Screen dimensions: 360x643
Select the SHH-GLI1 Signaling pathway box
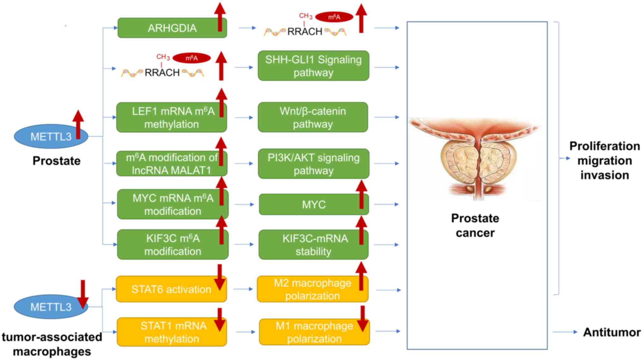pos(313,66)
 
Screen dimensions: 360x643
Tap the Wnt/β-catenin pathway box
pos(313,117)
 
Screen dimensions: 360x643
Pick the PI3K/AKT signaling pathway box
pos(313,164)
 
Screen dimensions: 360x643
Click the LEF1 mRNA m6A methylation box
pos(171,117)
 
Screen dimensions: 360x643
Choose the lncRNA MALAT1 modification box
pos(171,164)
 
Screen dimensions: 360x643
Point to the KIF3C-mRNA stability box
pos(313,245)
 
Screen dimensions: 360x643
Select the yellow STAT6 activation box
pos(171,289)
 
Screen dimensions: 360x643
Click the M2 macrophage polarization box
pos(312,289)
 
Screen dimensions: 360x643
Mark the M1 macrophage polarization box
pos(314,332)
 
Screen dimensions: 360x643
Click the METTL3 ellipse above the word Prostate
pos(51,136)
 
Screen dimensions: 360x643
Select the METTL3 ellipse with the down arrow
pos(51,307)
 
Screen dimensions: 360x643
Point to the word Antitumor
pos(612,332)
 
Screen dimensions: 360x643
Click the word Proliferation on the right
pos(604,146)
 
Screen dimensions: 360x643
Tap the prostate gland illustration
pos(475,158)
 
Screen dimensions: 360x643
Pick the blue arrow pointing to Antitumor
pos(565,332)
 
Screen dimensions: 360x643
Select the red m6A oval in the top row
pos(334,17)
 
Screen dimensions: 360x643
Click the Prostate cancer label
pos(475,225)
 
